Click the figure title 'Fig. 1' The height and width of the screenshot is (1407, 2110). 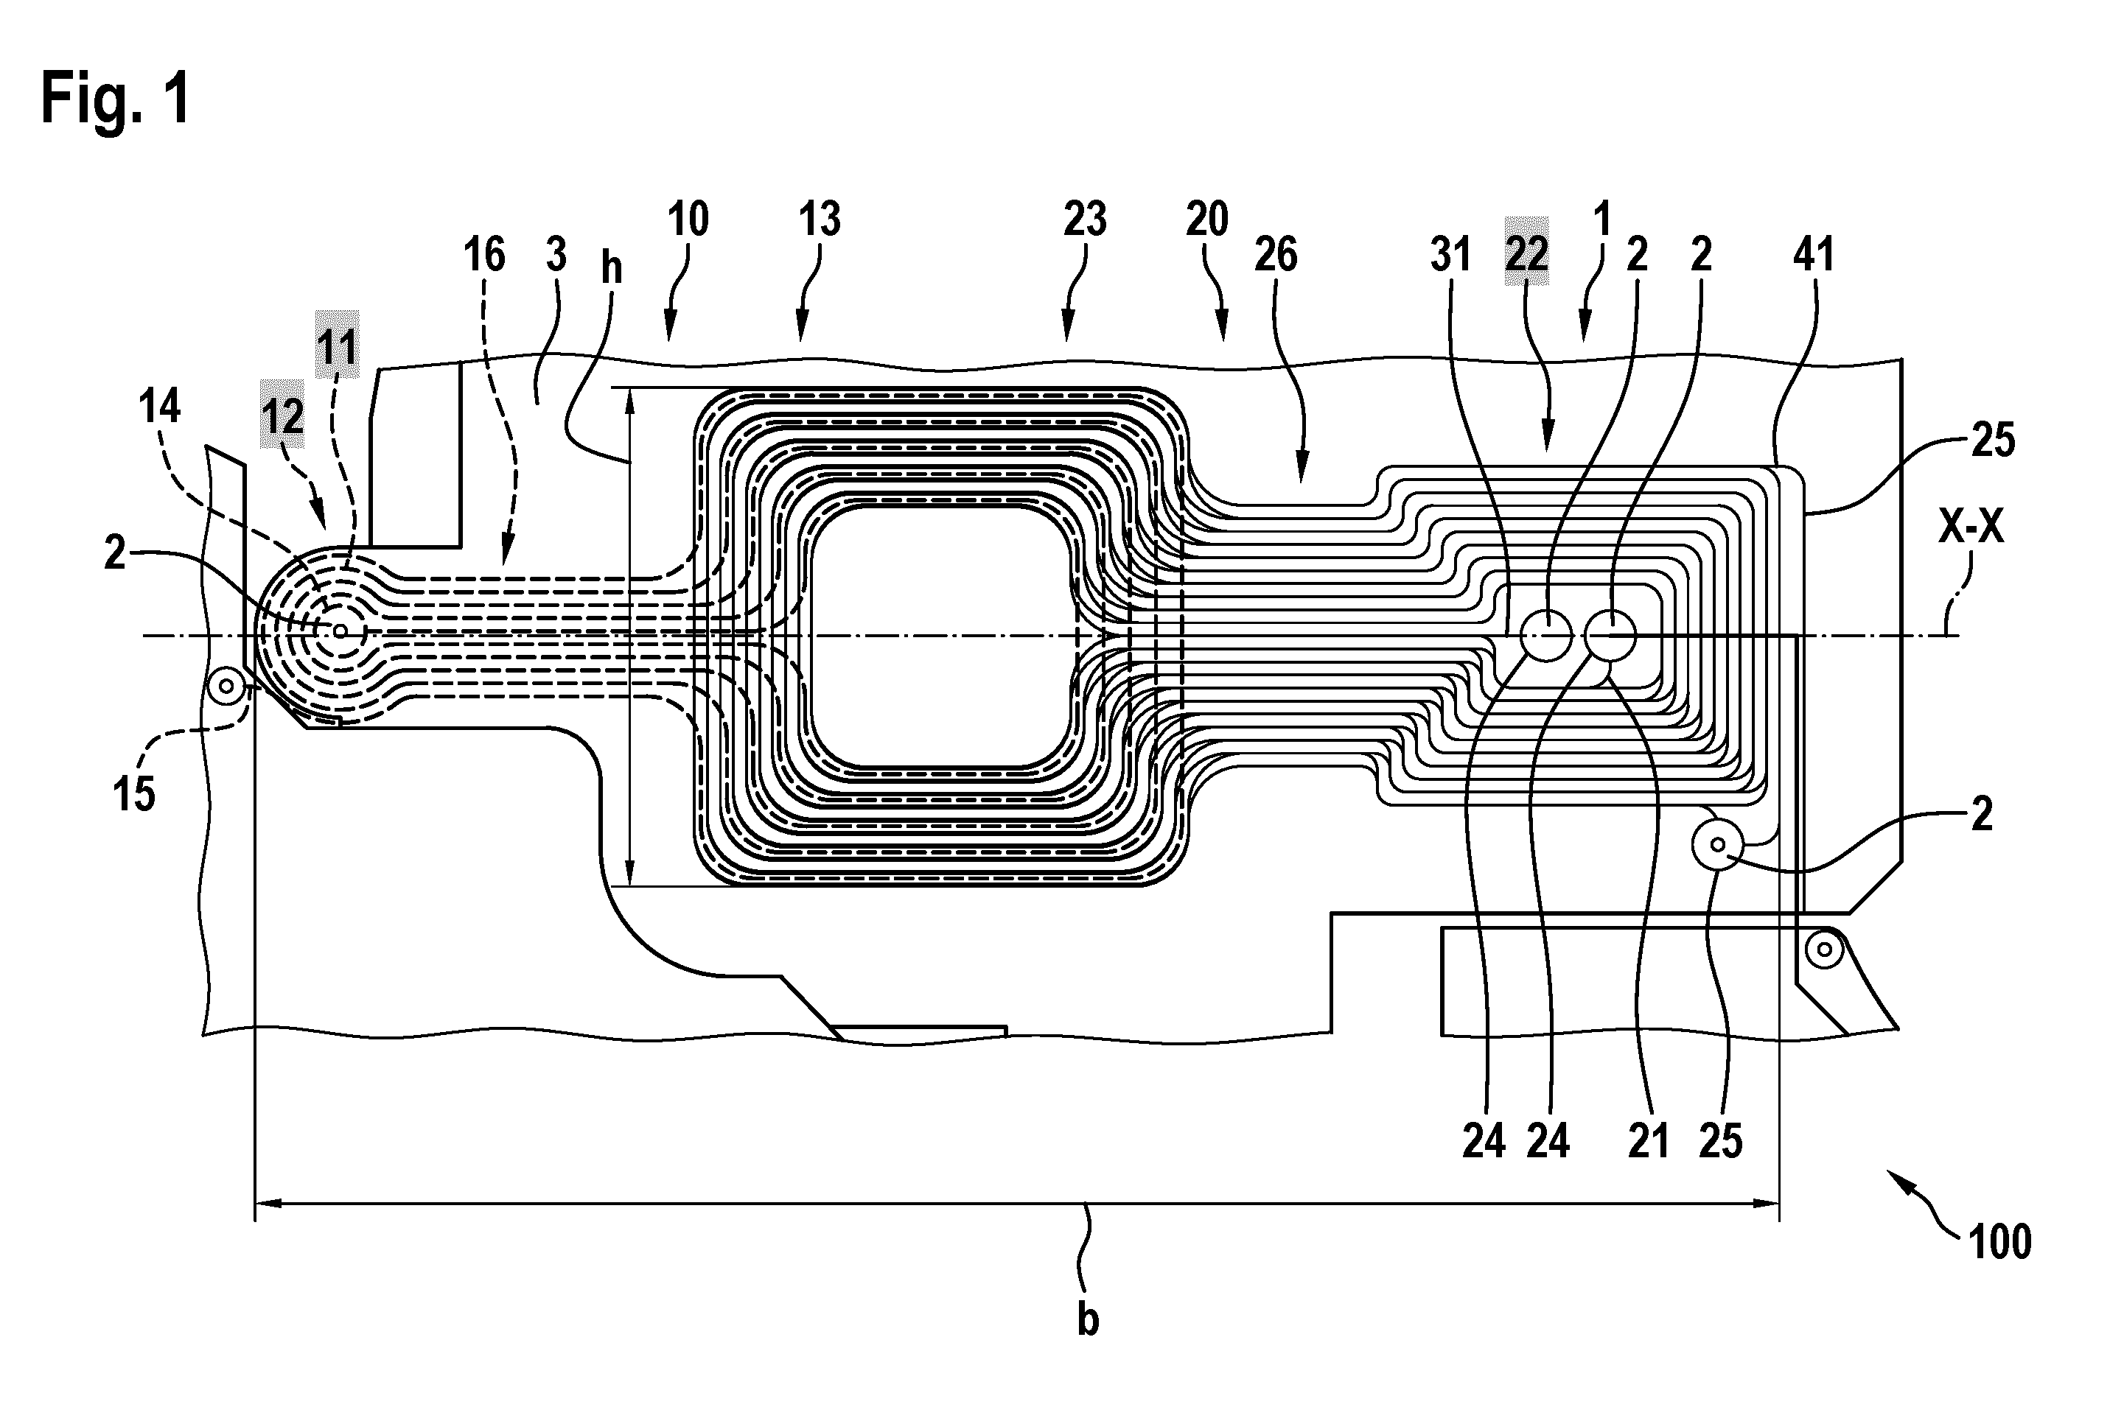coord(116,99)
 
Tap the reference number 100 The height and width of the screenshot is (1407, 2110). coord(2000,1242)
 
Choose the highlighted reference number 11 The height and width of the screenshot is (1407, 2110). coord(338,345)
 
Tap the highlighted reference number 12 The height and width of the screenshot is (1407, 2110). coord(283,416)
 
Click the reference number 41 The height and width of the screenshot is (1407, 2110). coord(1813,254)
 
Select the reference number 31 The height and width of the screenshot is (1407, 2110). coord(1450,254)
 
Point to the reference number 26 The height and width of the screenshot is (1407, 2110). coord(1275,254)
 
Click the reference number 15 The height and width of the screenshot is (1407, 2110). coord(133,793)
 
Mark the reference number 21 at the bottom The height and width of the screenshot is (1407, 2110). coord(1649,1141)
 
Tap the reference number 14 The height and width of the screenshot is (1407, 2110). coord(160,407)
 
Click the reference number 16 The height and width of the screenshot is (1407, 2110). coord(485,254)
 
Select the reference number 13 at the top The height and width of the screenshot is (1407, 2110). coord(820,218)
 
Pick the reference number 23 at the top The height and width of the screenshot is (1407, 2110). coord(1085,218)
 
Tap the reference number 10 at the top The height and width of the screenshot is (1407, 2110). coord(688,218)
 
